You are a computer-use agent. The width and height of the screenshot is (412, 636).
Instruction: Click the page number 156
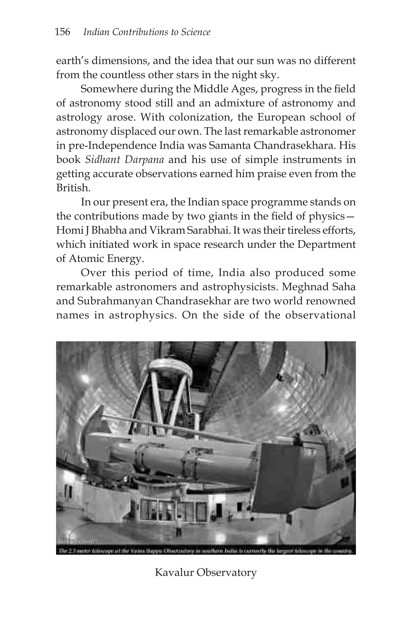click(x=62, y=32)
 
